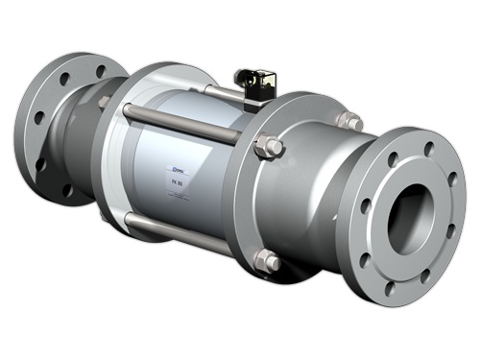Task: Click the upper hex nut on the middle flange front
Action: tap(269, 148)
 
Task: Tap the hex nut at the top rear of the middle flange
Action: tap(351, 122)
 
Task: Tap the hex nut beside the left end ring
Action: tap(103, 101)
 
